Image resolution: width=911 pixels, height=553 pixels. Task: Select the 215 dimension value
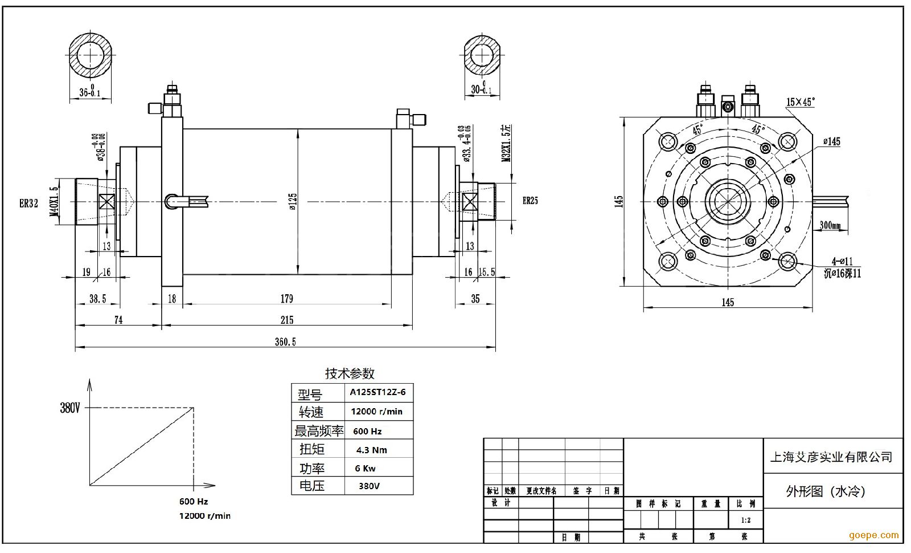[287, 320]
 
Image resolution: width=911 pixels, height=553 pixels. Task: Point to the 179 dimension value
[286, 299]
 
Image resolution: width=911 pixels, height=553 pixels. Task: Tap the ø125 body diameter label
[293, 201]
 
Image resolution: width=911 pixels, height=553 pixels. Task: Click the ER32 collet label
[28, 204]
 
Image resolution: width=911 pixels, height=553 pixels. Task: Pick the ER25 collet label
[530, 201]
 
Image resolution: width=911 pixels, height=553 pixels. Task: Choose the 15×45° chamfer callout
[801, 102]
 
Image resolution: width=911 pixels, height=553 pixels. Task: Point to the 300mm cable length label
[830, 225]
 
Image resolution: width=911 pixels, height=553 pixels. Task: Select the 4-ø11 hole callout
[842, 261]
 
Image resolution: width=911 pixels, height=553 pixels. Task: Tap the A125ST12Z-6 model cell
[377, 392]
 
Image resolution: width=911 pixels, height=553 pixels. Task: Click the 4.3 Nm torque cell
[371, 450]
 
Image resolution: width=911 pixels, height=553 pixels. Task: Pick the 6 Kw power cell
[365, 469]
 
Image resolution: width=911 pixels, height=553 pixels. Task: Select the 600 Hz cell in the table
[367, 431]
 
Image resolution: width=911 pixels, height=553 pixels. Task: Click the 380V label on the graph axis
[70, 408]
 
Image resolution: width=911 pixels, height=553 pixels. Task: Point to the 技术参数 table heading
[350, 373]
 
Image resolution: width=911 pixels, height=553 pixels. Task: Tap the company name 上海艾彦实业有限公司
[831, 457]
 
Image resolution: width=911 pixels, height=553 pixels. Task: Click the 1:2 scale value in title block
[745, 521]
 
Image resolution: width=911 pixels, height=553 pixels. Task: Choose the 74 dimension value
[118, 320]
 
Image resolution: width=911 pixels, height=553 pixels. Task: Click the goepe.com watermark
[873, 535]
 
